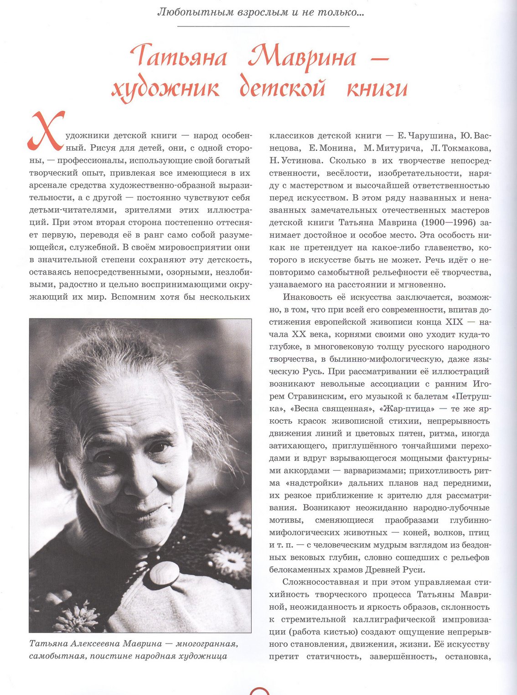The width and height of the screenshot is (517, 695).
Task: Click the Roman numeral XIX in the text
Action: [454, 322]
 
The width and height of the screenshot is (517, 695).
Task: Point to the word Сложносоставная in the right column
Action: [320, 582]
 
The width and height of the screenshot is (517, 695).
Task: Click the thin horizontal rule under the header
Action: [263, 26]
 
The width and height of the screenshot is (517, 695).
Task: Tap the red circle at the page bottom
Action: [260, 691]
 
